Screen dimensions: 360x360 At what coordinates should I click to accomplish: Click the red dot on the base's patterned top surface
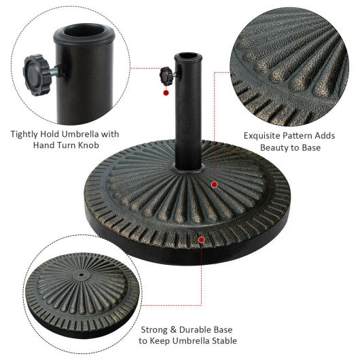point(214,184)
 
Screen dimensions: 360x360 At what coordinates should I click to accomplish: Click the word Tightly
point(27,134)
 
